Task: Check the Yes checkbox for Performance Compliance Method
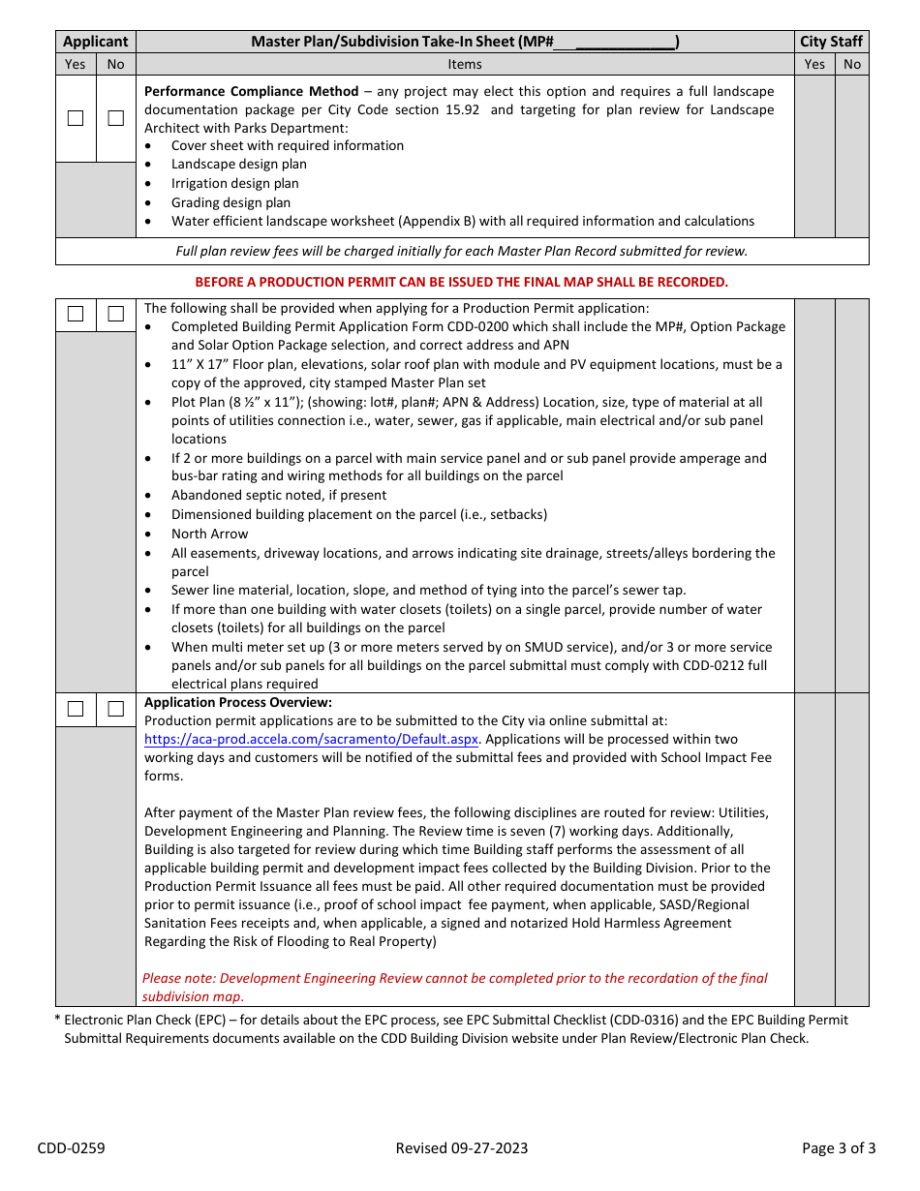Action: (x=76, y=118)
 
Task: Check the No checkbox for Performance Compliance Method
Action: (x=116, y=118)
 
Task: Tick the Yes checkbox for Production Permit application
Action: (x=76, y=314)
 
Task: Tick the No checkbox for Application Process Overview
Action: (x=116, y=709)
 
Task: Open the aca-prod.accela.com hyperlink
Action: (x=311, y=739)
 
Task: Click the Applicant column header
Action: (x=95, y=42)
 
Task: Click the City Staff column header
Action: (x=831, y=42)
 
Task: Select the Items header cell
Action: (x=465, y=64)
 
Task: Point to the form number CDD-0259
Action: (x=72, y=1148)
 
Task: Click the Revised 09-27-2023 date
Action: (x=462, y=1148)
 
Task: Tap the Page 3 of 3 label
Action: (x=839, y=1148)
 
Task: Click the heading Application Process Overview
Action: (x=238, y=702)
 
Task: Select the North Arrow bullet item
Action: (x=209, y=534)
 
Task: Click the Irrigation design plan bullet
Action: (x=235, y=183)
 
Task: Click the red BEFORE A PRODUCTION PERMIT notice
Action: (x=461, y=282)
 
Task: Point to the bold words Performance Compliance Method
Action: (x=252, y=91)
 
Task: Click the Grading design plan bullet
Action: (x=230, y=202)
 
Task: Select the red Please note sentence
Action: (x=455, y=987)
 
